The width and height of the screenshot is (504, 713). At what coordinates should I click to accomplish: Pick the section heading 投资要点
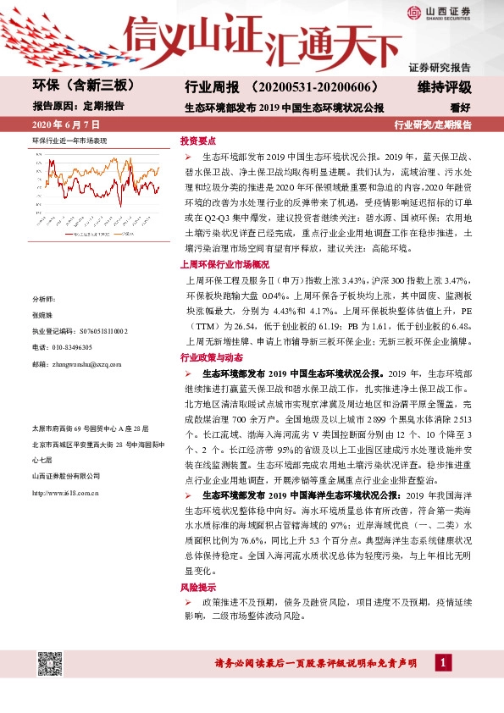coord(197,141)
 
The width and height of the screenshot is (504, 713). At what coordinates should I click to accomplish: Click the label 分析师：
coord(42,323)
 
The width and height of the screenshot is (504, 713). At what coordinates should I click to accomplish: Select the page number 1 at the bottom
coord(440,661)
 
